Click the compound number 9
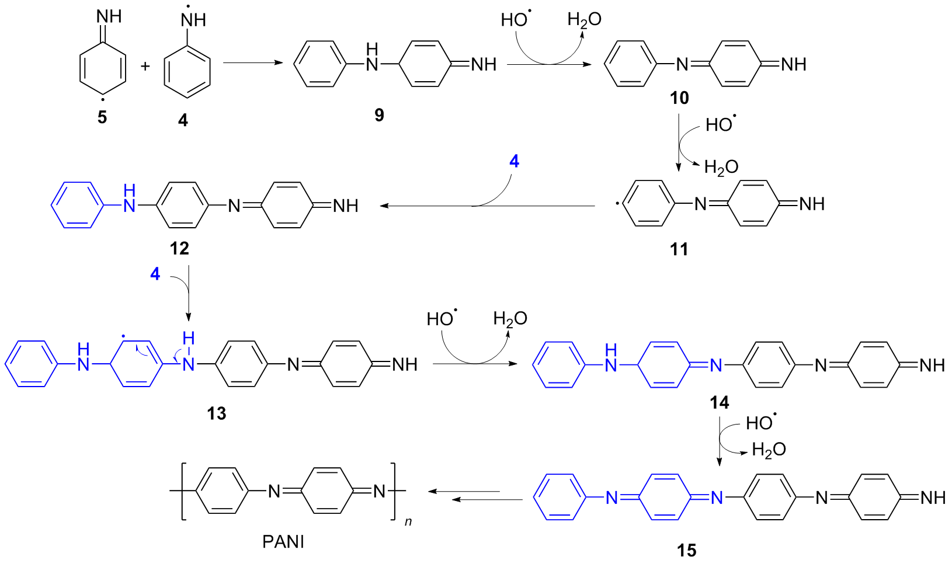pyautogui.click(x=379, y=115)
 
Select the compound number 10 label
pyautogui.click(x=679, y=98)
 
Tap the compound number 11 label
pyautogui.click(x=679, y=249)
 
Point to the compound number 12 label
pyautogui.click(x=179, y=249)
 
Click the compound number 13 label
pyautogui.click(x=216, y=413)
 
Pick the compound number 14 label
pyautogui.click(x=719, y=402)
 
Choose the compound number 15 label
pyautogui.click(x=687, y=550)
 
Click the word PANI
pyautogui.click(x=283, y=542)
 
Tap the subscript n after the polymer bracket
pyautogui.click(x=408, y=521)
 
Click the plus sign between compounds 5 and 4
pyautogui.click(x=145, y=66)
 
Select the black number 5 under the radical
pyautogui.click(x=102, y=118)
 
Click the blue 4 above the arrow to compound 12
pyautogui.click(x=514, y=161)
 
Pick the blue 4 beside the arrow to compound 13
pyautogui.click(x=155, y=274)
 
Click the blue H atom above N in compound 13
pyautogui.click(x=188, y=339)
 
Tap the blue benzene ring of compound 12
pyautogui.click(x=72, y=204)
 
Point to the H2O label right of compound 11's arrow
pyautogui.click(x=721, y=168)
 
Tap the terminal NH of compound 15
pyautogui.click(x=932, y=498)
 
